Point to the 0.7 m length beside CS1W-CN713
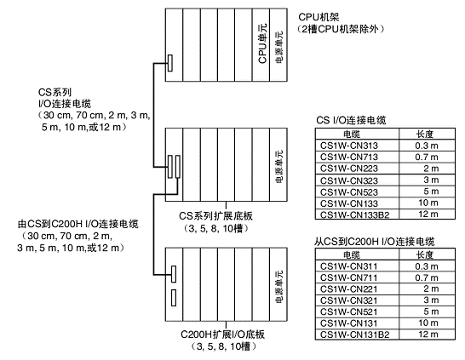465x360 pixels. pos(427,157)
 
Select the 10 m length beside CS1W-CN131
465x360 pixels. pos(428,323)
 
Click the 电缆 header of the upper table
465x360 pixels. pos(352,134)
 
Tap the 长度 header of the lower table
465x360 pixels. pos(425,254)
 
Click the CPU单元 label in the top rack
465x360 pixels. pos(262,43)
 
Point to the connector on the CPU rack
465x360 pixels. pos(170,63)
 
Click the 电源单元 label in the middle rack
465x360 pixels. pos(279,166)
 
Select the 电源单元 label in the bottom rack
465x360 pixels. pos(279,286)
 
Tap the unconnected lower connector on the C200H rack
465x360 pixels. pos(174,298)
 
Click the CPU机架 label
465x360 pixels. pos(319,17)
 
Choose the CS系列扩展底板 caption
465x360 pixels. pos(216,215)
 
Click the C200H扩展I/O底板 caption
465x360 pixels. pos(223,334)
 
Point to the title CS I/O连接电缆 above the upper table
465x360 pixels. pos(351,120)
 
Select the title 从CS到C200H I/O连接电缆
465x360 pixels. pos(374,242)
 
